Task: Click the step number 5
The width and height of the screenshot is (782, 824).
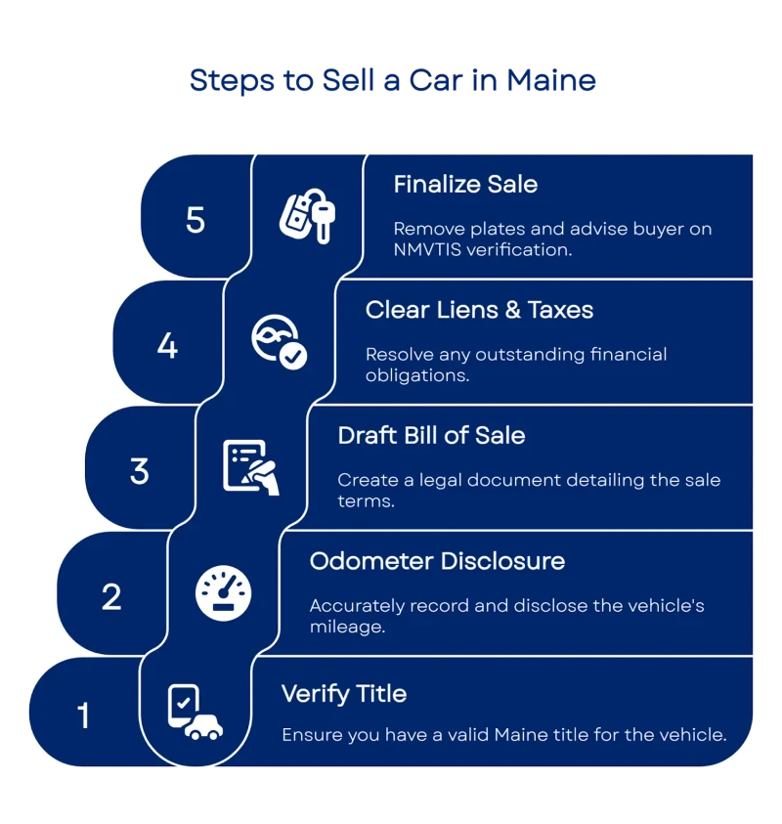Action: [195, 219]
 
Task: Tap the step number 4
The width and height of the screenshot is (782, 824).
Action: [167, 345]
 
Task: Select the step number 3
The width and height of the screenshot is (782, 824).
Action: [139, 471]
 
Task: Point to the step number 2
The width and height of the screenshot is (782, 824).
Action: [111, 596]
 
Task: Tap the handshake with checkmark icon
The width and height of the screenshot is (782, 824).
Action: [279, 342]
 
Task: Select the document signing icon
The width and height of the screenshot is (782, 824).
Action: [251, 467]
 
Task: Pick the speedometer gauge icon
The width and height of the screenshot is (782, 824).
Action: [224, 593]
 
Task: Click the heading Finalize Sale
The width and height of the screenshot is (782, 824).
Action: [465, 184]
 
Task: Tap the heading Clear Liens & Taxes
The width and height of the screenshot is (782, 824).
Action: [479, 310]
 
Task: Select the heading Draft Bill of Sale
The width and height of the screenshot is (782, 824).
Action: [431, 435]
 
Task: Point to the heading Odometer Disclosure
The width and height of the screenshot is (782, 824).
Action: [437, 561]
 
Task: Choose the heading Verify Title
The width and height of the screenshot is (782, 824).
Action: [344, 694]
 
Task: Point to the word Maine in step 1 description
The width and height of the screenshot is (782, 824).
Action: [519, 734]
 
